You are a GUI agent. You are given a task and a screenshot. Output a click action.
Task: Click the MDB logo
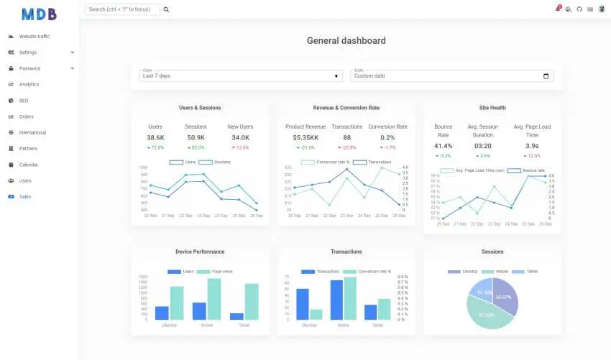coord(39,14)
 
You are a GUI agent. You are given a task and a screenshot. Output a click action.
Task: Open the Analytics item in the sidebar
coord(29,85)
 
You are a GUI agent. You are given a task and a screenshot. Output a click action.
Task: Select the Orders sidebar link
coord(26,116)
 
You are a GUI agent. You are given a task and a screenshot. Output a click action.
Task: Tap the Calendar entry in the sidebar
coord(29,165)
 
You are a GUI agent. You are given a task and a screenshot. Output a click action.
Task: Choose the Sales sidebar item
coord(25,196)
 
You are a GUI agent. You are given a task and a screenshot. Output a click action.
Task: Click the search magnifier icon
coord(166,10)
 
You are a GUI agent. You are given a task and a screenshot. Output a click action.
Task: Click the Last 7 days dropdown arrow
coord(337,76)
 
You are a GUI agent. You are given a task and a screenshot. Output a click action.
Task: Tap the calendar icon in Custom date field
coord(546,76)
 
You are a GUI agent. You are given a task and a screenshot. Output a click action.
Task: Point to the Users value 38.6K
coord(155,137)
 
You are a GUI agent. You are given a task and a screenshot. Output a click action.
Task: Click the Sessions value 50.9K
coord(196,137)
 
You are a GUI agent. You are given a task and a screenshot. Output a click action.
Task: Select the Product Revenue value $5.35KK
coord(305,137)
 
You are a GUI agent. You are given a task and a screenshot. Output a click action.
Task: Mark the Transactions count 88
coord(346,137)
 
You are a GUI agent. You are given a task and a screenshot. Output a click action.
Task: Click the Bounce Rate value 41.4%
coord(443,146)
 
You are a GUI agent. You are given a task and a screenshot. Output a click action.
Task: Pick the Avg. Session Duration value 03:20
coord(483,146)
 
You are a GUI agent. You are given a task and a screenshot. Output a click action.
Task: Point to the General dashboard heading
coord(346,41)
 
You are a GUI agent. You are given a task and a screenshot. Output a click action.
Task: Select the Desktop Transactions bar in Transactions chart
coord(303,304)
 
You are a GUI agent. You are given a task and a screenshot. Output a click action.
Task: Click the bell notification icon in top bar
coord(558,9)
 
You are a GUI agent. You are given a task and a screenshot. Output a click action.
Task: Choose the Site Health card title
coord(492,108)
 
